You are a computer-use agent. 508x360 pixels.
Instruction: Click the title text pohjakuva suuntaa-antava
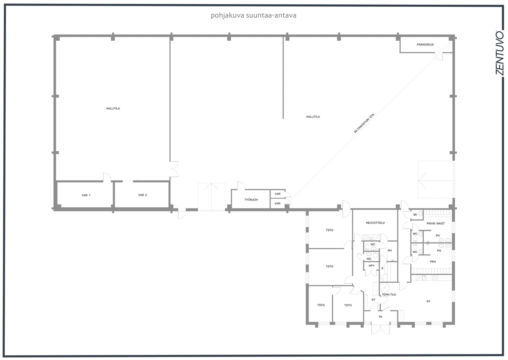(x=253, y=15)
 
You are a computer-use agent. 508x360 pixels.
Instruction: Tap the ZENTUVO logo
(x=500, y=53)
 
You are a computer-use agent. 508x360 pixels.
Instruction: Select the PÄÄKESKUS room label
(x=425, y=45)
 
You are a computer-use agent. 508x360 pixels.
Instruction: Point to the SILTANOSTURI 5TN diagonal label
(x=364, y=123)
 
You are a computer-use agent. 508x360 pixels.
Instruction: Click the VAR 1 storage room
(x=86, y=195)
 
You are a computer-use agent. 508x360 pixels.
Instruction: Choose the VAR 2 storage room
(x=142, y=195)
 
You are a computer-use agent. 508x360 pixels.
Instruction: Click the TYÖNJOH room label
(x=251, y=200)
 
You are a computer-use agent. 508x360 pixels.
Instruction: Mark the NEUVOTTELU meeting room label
(x=375, y=223)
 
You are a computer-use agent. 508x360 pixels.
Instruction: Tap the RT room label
(x=428, y=301)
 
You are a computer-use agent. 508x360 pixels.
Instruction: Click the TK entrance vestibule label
(x=380, y=317)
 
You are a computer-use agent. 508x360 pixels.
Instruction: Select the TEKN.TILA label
(x=389, y=294)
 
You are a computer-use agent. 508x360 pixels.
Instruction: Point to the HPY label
(x=372, y=266)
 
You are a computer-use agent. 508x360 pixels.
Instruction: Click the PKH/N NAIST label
(x=436, y=223)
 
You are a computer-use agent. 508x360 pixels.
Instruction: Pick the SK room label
(x=415, y=214)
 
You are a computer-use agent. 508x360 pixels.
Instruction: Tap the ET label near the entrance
(x=373, y=300)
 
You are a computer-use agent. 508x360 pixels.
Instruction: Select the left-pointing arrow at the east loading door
(x=436, y=181)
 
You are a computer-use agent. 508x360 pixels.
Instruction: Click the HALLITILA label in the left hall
(x=113, y=109)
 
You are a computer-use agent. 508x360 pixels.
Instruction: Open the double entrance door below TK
(x=380, y=329)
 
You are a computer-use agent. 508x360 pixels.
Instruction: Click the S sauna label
(x=382, y=268)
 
